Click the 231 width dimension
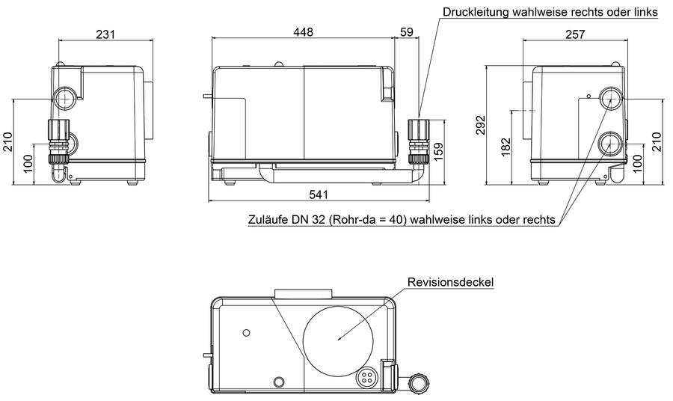pyautogui.click(x=105, y=34)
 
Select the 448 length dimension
pyautogui.click(x=303, y=31)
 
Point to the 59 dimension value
pyautogui.click(x=406, y=31)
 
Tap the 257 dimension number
pyautogui.click(x=575, y=34)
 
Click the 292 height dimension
pyautogui.click(x=481, y=125)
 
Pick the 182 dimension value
pyautogui.click(x=506, y=147)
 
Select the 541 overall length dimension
pyautogui.click(x=319, y=195)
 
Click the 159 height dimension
pyautogui.click(x=437, y=152)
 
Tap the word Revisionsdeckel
pyautogui.click(x=450, y=282)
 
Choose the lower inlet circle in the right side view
pyautogui.click(x=610, y=144)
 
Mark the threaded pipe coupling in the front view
pyautogui.click(x=417, y=141)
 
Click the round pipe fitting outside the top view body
pyautogui.click(x=417, y=382)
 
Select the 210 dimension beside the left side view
pyautogui.click(x=8, y=142)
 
